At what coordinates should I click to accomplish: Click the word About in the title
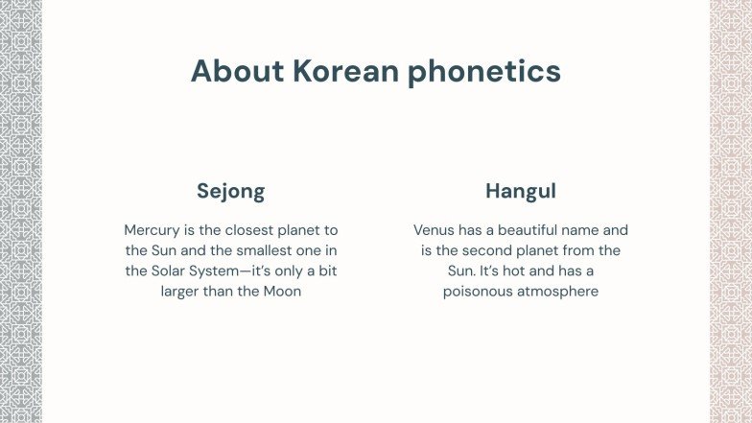(237, 71)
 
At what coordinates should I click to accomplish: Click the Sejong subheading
(230, 191)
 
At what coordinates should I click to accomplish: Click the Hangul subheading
(520, 191)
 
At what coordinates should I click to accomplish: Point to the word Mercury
(153, 230)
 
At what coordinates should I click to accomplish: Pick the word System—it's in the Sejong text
(229, 270)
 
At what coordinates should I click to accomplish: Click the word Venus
(435, 230)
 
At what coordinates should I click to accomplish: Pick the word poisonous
(480, 291)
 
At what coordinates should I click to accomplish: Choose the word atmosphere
(560, 291)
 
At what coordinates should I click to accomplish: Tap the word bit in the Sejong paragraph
(327, 270)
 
